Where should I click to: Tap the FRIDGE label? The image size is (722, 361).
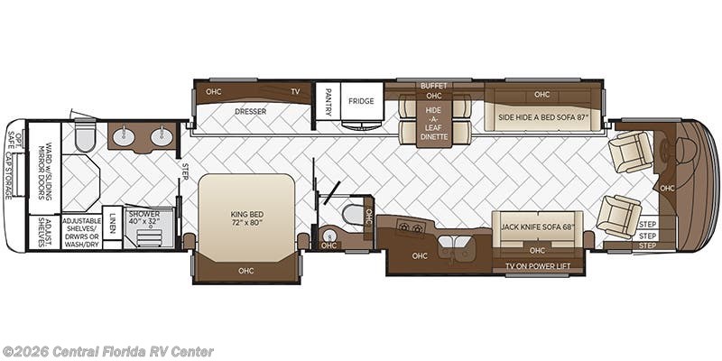[x=361, y=101]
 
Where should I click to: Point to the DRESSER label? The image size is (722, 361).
[x=250, y=112]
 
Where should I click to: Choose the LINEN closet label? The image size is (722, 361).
[x=111, y=224]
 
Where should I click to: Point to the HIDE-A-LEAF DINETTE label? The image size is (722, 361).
[x=434, y=122]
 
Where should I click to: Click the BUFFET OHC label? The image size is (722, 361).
[x=434, y=90]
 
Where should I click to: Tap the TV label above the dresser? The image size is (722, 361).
[x=295, y=91]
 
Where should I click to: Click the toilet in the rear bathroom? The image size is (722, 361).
[x=83, y=139]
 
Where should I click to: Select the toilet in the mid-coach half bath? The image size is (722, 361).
[x=352, y=216]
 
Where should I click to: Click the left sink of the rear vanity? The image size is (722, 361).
[x=124, y=139]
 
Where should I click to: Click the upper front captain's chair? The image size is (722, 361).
[x=632, y=151]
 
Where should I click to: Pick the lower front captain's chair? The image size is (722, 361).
[x=621, y=215]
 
